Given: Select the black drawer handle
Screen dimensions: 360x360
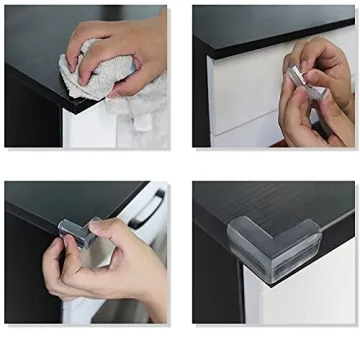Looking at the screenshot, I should [x=147, y=211].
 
